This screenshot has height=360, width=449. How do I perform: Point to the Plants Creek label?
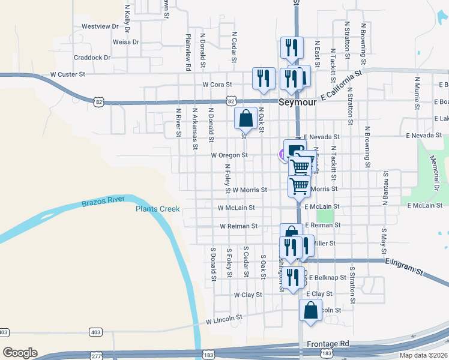pyautogui.click(x=157, y=209)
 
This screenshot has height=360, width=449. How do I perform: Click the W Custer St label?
pyautogui.click(x=68, y=74)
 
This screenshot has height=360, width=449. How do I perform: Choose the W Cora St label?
pyautogui.click(x=217, y=85)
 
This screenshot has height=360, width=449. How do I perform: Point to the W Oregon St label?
pyautogui.click(x=229, y=155)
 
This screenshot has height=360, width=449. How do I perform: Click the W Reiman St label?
pyautogui.click(x=238, y=226)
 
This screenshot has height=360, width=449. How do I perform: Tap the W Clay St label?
pyautogui.click(x=248, y=295)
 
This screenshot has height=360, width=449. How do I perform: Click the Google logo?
pyautogui.click(x=20, y=353)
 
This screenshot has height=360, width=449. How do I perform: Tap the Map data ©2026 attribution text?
pyautogui.click(x=423, y=355)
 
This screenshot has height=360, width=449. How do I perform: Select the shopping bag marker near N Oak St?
pyautogui.click(x=246, y=118)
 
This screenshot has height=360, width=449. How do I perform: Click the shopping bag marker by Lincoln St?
pyautogui.click(x=310, y=311)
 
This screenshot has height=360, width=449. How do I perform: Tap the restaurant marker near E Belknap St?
pyautogui.click(x=292, y=277)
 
